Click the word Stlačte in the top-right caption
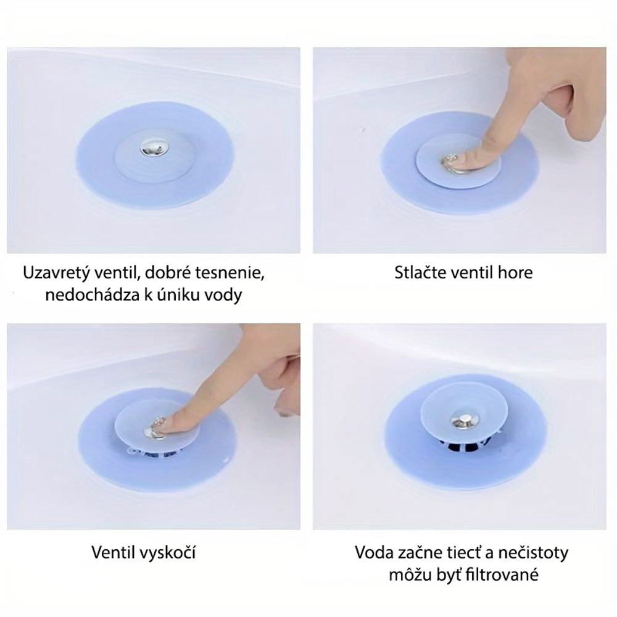tap(420, 272)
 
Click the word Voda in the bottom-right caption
tap(373, 552)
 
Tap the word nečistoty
tap(533, 552)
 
